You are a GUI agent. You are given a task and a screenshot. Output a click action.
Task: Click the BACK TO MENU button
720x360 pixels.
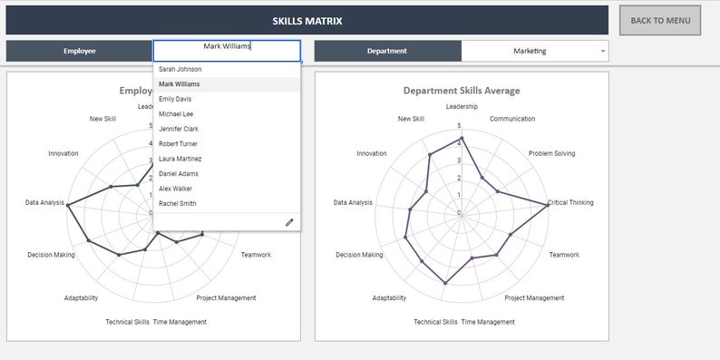660,21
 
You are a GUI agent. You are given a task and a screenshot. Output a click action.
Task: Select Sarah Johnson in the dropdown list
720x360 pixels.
180,69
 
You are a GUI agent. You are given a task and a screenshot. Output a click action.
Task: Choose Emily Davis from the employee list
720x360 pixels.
175,99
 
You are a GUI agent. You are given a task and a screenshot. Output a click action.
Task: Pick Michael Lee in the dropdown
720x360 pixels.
176,114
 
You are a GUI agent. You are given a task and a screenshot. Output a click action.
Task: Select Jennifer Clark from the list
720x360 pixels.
179,129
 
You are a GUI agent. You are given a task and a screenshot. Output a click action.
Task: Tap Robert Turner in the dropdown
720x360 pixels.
180,144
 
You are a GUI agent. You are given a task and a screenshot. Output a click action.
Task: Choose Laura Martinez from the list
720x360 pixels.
180,159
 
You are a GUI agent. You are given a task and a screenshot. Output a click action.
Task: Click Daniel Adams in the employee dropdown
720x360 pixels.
179,173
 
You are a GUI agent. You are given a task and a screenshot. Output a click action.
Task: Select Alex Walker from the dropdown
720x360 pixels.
175,189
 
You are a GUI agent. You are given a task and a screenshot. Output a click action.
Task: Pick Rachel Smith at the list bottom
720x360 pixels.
177,203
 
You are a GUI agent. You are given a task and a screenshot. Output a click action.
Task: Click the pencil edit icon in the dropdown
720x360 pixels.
289,221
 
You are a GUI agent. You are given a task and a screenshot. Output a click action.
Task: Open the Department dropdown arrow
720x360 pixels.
603,52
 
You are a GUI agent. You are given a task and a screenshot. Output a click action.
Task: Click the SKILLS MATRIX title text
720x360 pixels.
307,21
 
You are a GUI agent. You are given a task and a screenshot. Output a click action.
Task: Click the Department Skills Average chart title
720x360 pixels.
462,91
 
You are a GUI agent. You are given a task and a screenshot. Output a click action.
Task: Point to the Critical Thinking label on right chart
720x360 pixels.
571,202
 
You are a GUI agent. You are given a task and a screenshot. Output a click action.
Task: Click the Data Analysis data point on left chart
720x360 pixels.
67,203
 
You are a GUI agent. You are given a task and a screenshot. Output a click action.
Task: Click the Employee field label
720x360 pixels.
80,52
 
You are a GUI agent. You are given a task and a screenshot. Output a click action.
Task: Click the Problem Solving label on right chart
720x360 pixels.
552,153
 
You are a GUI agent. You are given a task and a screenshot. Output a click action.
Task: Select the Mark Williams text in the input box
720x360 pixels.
227,46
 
